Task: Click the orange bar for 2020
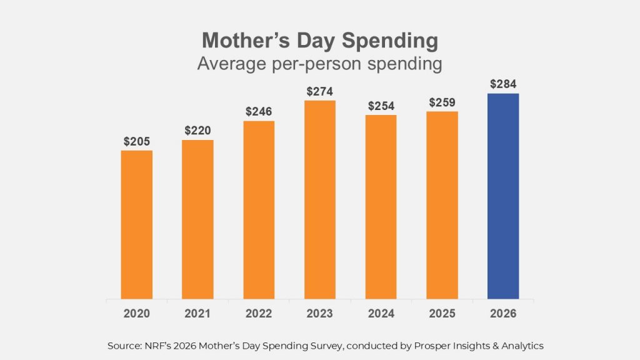click(x=136, y=224)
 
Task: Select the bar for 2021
click(x=197, y=219)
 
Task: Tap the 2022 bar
click(x=259, y=210)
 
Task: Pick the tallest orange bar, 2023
click(x=320, y=200)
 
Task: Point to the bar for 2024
click(x=381, y=207)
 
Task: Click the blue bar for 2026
click(x=503, y=196)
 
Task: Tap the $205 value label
click(x=136, y=141)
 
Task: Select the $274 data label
click(x=320, y=91)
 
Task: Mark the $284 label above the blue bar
click(x=503, y=84)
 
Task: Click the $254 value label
click(x=381, y=106)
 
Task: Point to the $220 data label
click(x=197, y=131)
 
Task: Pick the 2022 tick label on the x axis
click(x=259, y=314)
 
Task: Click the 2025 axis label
click(x=442, y=314)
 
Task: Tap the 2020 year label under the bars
click(x=136, y=314)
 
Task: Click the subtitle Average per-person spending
click(x=319, y=64)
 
